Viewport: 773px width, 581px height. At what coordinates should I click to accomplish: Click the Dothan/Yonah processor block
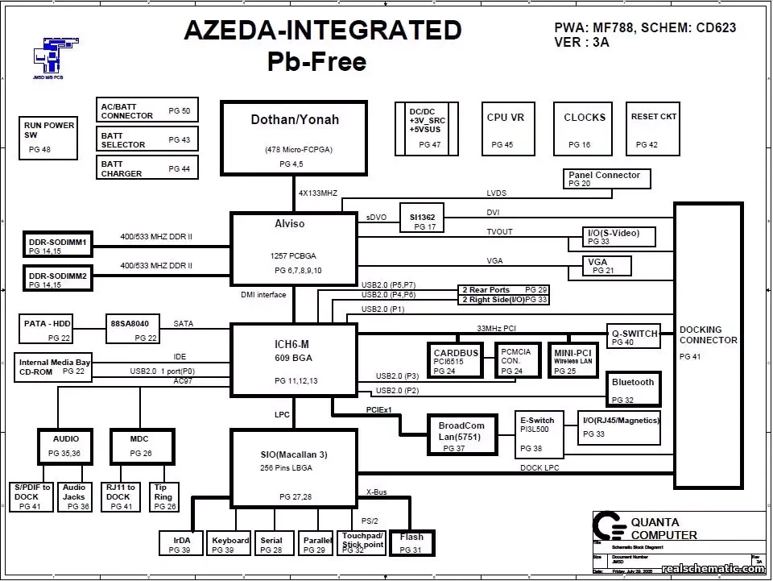294,137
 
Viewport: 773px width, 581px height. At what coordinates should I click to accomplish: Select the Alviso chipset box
294,248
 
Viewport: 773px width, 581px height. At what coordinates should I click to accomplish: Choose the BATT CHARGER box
147,168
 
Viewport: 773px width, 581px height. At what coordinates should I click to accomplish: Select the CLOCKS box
585,129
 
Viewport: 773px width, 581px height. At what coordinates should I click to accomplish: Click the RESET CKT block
654,129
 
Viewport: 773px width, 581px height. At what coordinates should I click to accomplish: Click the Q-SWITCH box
633,337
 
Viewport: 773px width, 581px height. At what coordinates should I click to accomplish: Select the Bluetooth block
633,389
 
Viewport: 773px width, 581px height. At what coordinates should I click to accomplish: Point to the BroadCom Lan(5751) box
462,435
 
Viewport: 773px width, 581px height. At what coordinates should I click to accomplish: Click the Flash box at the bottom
411,542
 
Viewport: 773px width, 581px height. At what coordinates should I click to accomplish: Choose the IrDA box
181,543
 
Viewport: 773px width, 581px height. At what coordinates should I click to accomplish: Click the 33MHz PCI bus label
496,328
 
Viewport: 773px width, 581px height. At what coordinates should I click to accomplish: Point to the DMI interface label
263,295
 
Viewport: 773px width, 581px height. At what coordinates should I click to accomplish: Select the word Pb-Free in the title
317,61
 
